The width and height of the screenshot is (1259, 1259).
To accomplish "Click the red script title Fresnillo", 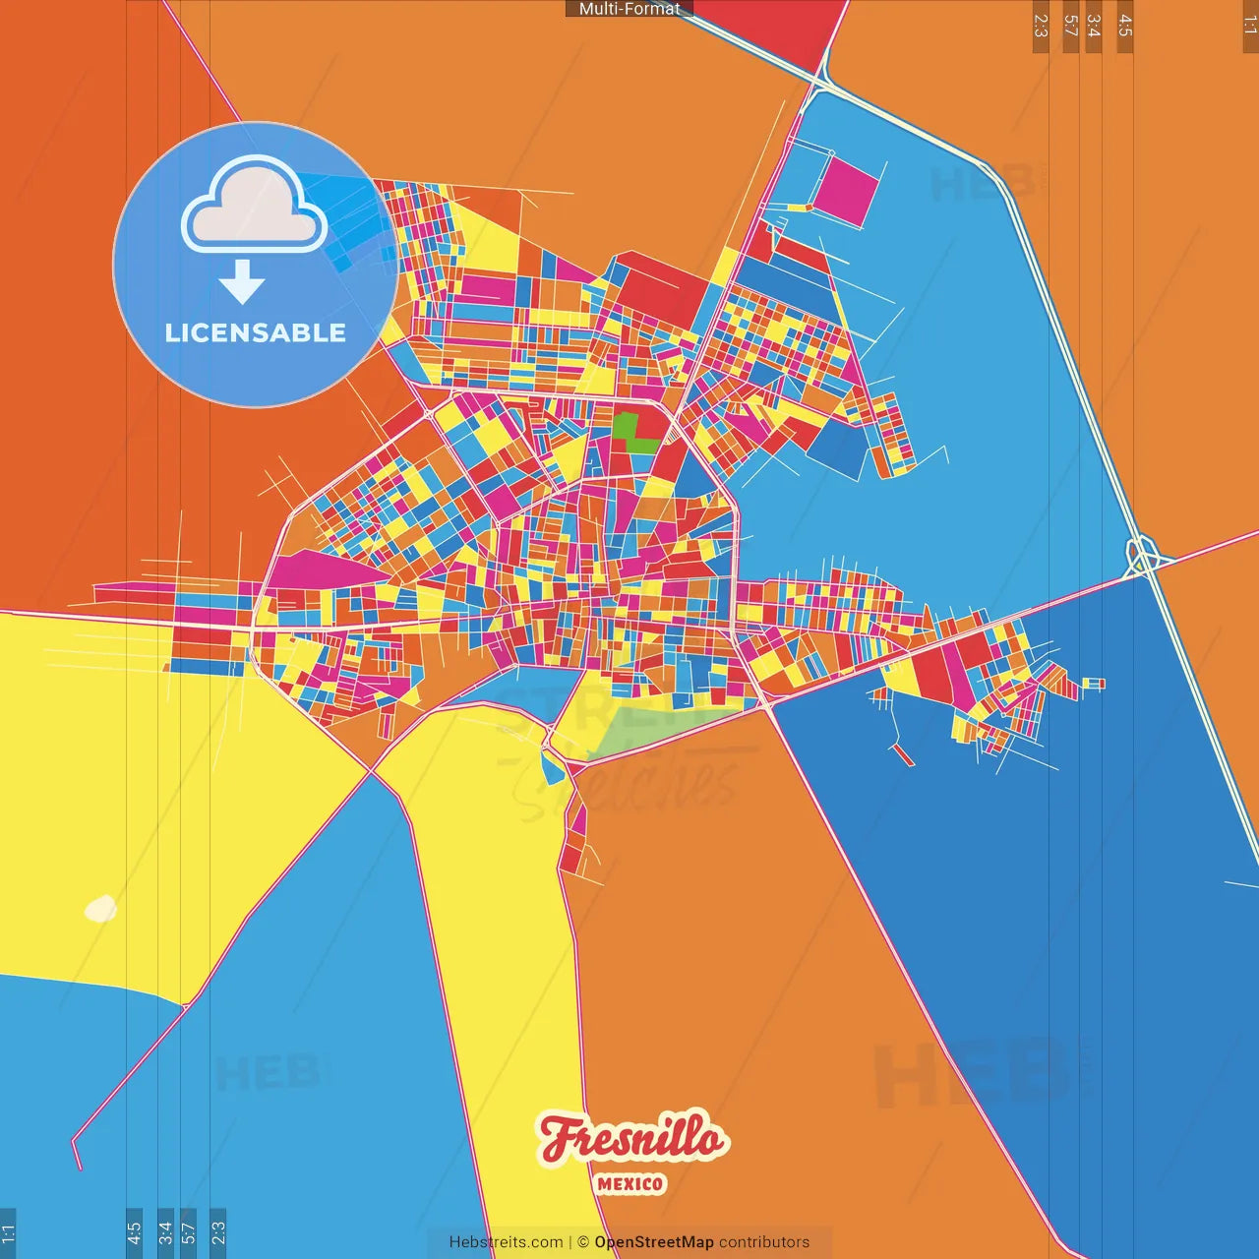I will pos(632,1139).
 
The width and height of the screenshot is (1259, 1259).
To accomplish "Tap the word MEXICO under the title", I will pos(630,1184).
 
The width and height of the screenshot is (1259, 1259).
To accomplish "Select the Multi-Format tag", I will pos(629,9).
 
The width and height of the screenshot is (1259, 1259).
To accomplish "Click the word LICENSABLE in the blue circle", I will pos(255,332).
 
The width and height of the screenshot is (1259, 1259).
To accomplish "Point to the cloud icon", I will pos(255,204).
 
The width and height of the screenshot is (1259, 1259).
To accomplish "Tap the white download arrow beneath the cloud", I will pos(242,282).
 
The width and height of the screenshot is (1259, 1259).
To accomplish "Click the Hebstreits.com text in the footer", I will pos(506,1242).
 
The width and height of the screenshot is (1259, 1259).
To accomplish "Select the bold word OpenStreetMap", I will pos(653,1242).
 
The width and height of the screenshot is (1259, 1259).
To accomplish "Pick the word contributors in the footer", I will pos(764,1242).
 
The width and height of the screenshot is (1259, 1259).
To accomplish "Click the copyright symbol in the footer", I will pos(582,1242).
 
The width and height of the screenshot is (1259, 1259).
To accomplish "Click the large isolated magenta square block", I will pos(846,188).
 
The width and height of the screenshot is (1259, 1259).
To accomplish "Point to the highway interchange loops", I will pos(1142,556).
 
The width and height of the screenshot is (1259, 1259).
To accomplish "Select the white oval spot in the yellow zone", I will pos(100,909).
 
